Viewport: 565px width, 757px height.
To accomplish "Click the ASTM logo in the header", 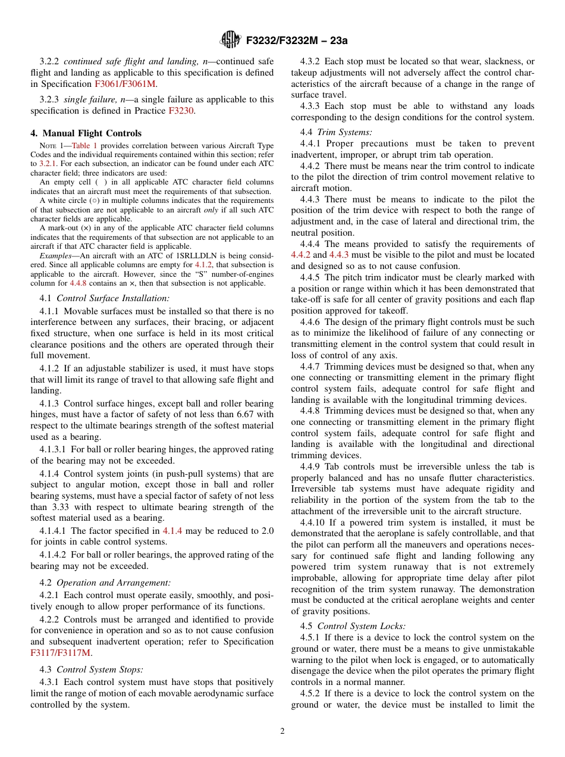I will tap(230, 40).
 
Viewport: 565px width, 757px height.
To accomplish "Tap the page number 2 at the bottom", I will tap(282, 731).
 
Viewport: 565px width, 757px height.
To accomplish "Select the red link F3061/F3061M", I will tap(125, 84).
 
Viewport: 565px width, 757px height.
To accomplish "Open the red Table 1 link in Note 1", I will tap(84, 145).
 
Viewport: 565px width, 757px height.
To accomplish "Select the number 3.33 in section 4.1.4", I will tap(58, 507).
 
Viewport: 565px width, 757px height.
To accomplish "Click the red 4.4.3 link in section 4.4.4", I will tap(338, 255).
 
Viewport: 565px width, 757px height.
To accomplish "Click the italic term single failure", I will tap(90, 99).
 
